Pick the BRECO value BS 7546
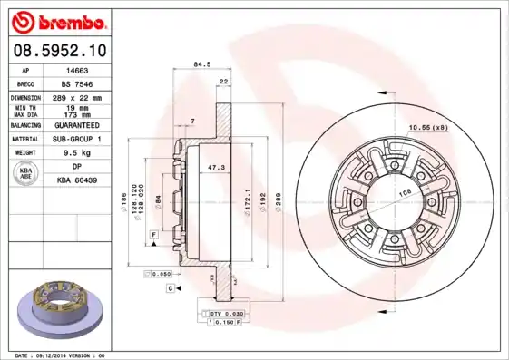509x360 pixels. tap(80, 83)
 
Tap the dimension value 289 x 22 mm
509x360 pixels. tap(80, 96)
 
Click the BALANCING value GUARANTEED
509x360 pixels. tap(80, 126)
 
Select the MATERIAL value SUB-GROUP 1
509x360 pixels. tap(80, 140)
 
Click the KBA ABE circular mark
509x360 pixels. tap(27, 174)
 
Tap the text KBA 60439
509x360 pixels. tap(78, 180)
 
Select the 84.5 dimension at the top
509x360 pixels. tap(203, 64)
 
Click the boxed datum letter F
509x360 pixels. tap(155, 235)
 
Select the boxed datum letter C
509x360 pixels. tap(170, 287)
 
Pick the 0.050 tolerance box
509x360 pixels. tap(160, 273)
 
